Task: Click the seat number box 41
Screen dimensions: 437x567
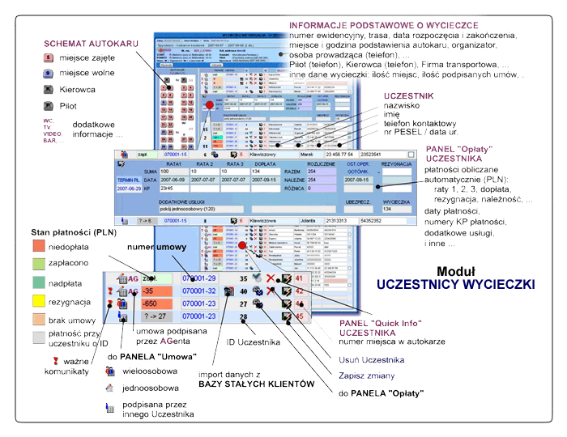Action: [x=299, y=278]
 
